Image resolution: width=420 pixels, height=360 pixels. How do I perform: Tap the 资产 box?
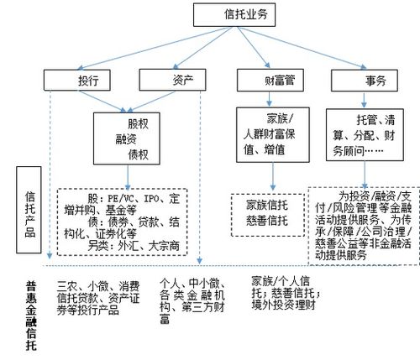[171, 81]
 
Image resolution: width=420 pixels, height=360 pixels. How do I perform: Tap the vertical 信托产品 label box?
[29, 213]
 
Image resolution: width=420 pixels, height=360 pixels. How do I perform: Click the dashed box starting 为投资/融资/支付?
[363, 222]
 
